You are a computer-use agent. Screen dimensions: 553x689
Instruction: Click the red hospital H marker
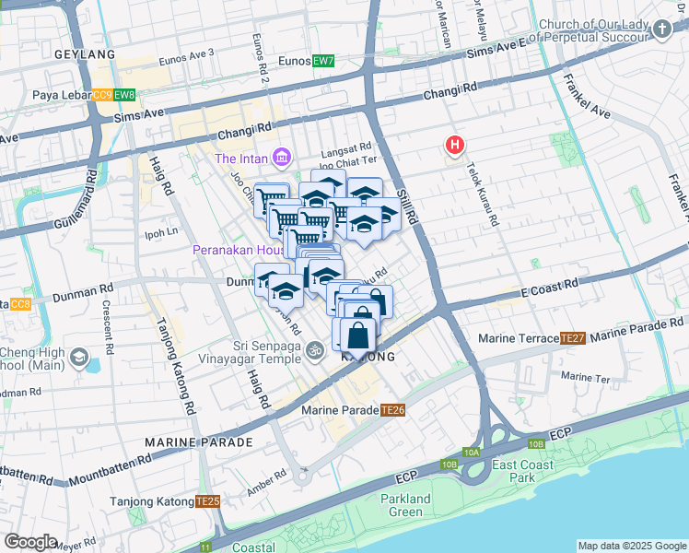point(454,145)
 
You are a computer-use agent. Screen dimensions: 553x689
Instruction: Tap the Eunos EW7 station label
point(307,61)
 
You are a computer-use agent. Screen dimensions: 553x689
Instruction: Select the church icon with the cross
point(660,30)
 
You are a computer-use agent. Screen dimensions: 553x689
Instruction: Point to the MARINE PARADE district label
point(198,442)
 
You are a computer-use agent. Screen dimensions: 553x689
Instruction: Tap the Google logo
point(31,542)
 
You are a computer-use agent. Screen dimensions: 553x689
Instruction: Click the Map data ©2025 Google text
point(631,546)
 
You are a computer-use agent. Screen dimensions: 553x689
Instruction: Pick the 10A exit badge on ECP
point(473,452)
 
